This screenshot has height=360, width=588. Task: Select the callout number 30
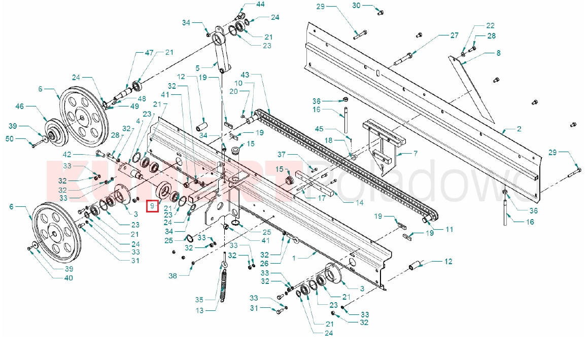click(x=356, y=6)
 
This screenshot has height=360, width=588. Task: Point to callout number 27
click(x=454, y=35)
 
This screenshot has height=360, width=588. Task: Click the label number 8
click(x=498, y=53)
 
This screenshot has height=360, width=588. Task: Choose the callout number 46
click(x=20, y=106)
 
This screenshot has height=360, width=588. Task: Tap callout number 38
click(x=173, y=276)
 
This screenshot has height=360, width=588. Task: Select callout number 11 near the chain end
click(x=449, y=229)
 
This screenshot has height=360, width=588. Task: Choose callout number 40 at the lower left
click(x=68, y=278)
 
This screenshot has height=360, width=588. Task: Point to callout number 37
click(x=295, y=155)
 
